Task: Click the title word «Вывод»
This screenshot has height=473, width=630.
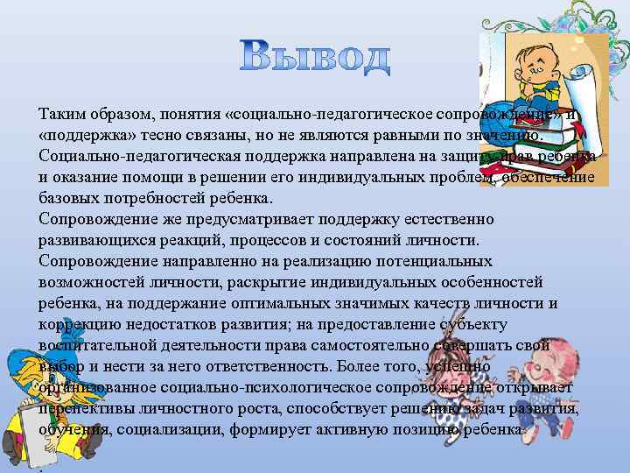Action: point(314,56)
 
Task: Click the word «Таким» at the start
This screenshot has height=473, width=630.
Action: point(62,115)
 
